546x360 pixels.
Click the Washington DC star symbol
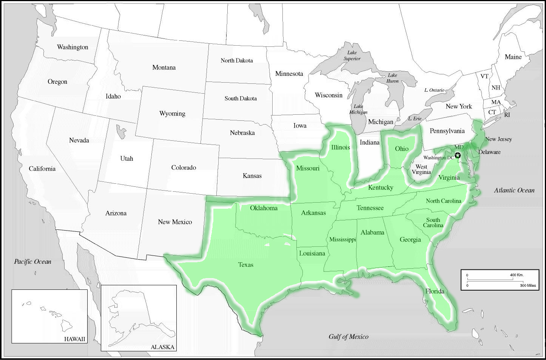tap(458, 155)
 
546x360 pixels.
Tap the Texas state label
tap(245, 265)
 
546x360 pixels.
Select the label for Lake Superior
tap(352, 55)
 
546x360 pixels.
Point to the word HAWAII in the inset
tap(74, 339)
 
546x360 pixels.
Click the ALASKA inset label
tap(162, 347)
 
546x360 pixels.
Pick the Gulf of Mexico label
tap(348, 337)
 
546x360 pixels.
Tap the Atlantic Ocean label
tap(514, 190)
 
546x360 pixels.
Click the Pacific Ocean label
tap(32, 262)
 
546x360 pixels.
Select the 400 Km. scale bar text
tap(517, 275)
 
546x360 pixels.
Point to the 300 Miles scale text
tap(527, 285)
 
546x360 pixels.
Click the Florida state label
tap(435, 291)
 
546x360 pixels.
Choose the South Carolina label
tap(433, 222)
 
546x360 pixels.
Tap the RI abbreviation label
tap(507, 115)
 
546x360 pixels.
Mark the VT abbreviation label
tap(484, 76)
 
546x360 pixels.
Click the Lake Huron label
tap(392, 78)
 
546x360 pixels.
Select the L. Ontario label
tap(434, 90)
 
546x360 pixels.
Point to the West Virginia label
tap(421, 169)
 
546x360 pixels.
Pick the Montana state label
tap(164, 67)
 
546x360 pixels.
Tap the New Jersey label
tap(498, 139)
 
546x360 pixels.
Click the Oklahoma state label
tap(264, 208)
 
